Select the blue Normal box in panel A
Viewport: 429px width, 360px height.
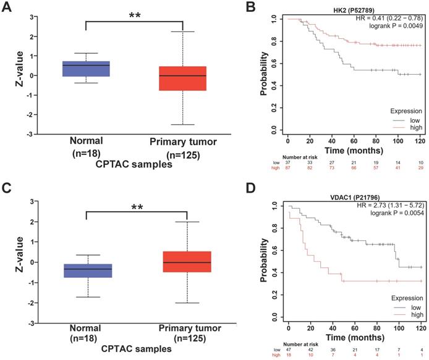(91, 69)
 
